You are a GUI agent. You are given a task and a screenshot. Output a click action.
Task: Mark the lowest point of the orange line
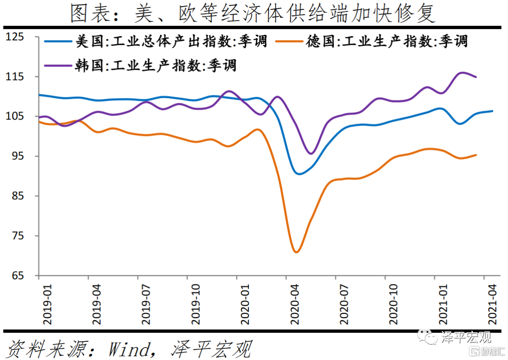click(296, 252)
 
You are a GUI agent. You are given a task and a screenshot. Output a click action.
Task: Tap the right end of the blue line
click(492, 111)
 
